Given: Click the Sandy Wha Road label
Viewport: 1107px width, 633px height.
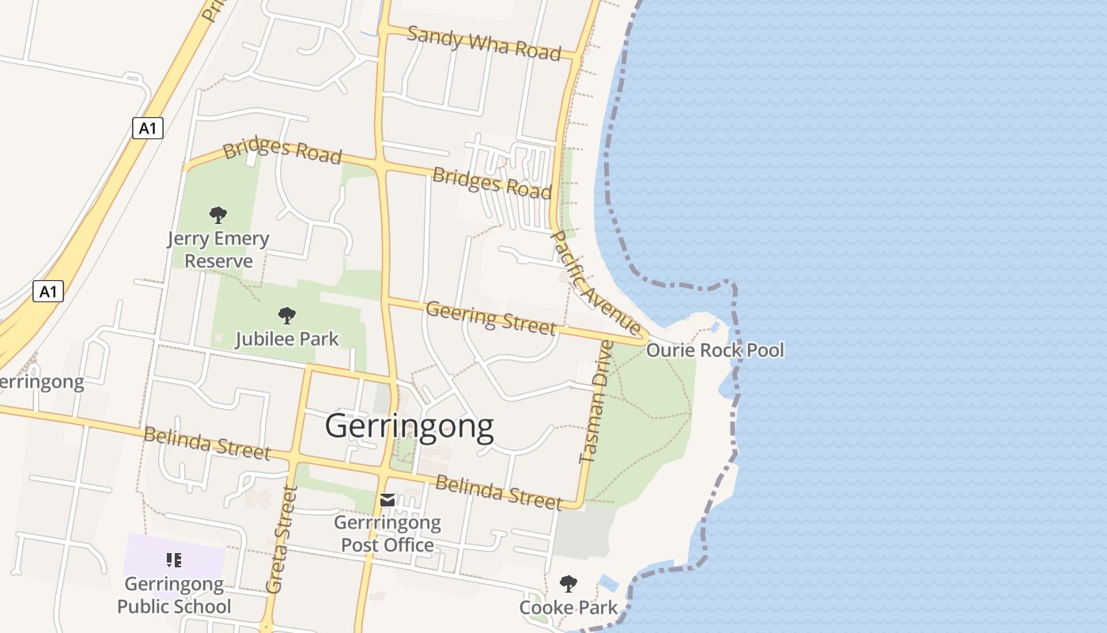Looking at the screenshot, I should [484, 43].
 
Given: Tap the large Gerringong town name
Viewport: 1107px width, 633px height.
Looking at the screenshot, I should [410, 426].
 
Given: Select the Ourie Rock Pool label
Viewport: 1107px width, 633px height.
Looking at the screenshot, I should [715, 350].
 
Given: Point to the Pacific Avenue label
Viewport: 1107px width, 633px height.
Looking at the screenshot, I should [595, 282].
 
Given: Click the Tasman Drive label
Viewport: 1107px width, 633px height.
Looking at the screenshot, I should [596, 402].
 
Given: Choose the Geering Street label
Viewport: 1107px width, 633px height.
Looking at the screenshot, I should [490, 316].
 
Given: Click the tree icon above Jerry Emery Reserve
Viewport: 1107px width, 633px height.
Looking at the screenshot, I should [218, 214].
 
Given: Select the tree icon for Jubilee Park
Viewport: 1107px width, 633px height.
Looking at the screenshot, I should [287, 316].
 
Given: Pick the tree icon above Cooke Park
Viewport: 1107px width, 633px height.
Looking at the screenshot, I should [568, 585].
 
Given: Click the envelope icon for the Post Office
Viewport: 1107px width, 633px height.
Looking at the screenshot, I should [387, 500].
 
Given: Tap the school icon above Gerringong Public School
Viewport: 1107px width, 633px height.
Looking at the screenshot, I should [174, 561].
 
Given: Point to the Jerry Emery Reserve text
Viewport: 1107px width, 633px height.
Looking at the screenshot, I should [218, 249].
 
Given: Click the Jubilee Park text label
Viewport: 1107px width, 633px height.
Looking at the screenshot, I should [287, 339].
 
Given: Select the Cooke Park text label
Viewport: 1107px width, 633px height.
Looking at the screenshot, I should [568, 608].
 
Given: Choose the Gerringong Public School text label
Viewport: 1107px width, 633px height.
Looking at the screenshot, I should [174, 596].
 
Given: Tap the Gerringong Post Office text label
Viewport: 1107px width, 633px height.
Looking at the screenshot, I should [387, 534].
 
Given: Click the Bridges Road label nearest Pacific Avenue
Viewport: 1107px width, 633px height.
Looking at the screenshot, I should [492, 183].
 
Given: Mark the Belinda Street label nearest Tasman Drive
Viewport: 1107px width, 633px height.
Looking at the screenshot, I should [498, 492].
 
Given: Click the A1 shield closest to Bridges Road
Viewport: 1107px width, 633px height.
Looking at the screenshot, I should [147, 128].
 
